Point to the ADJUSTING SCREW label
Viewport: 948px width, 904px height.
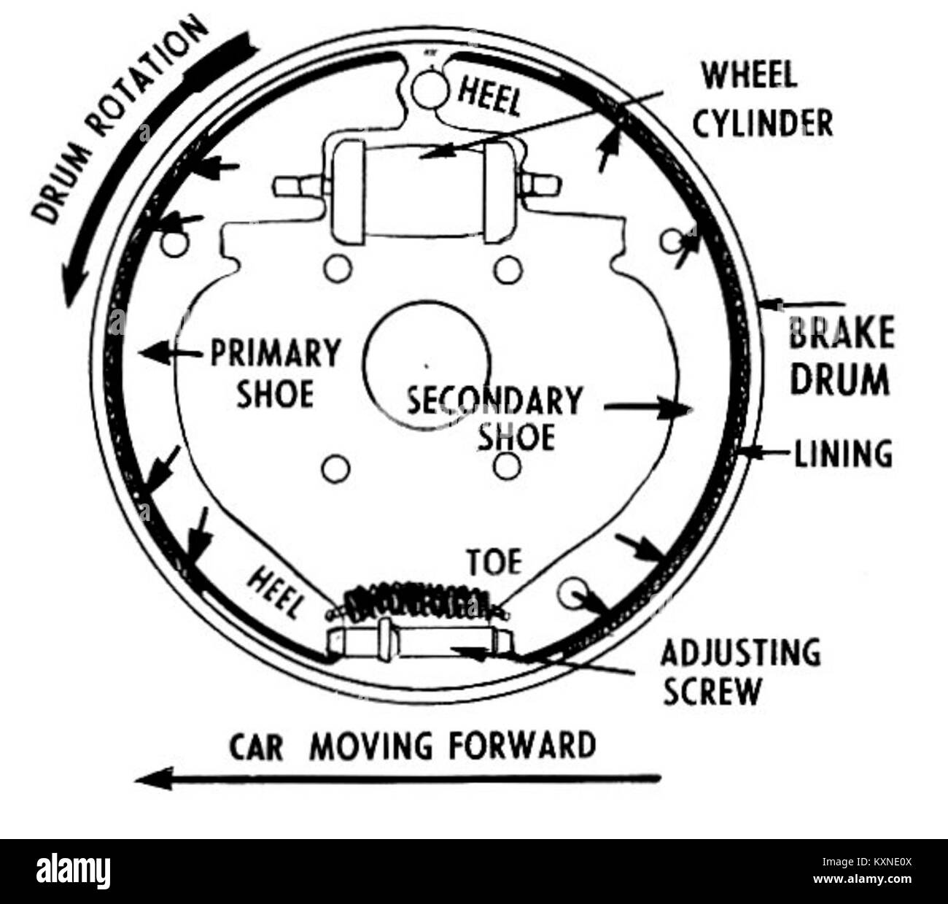tap(739, 671)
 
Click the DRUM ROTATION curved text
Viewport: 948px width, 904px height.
tap(117, 120)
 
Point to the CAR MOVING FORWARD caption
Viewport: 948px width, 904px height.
tap(413, 746)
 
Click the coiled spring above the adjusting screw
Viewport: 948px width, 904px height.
tap(419, 601)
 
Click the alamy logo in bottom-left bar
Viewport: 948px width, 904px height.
tap(73, 871)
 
